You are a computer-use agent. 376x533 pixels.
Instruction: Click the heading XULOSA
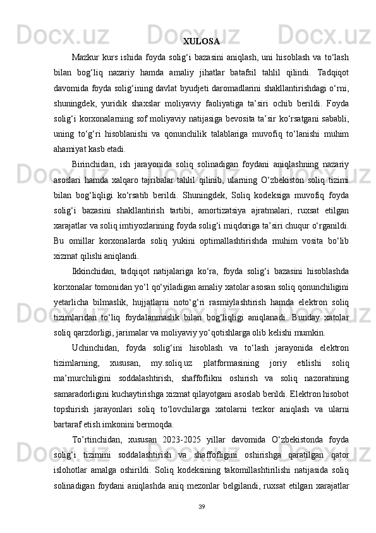pyautogui.click(x=202, y=42)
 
